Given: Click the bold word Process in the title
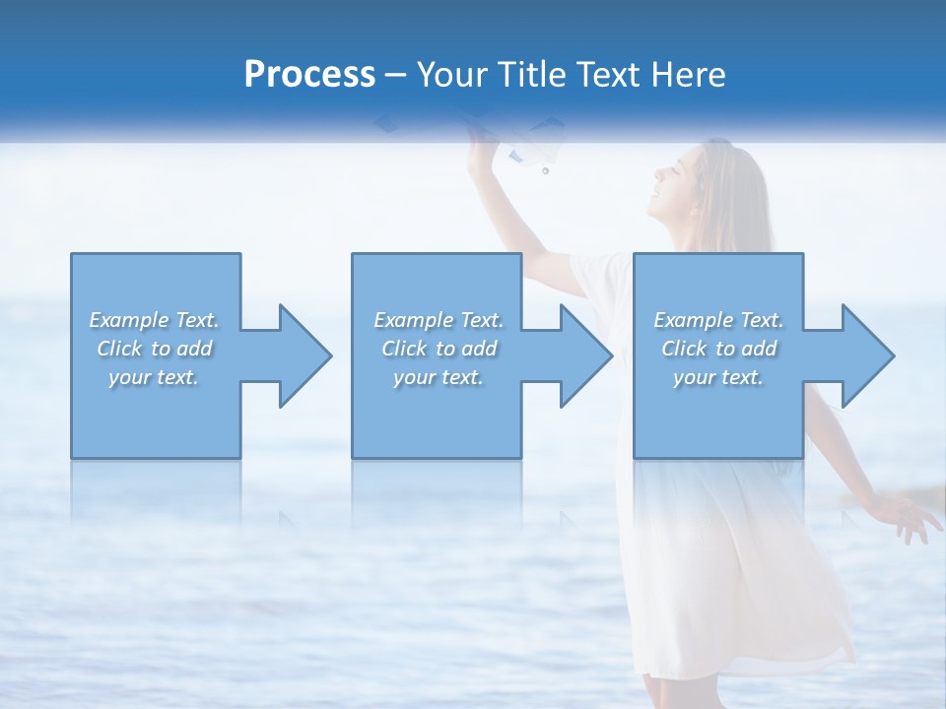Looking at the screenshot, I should [x=309, y=74].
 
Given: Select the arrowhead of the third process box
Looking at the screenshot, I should [x=866, y=355].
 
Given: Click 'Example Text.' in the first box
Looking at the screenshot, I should [x=154, y=320].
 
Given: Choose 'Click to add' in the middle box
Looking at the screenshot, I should [x=439, y=349].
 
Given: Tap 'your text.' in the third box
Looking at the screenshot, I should [x=718, y=377].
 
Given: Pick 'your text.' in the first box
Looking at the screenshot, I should [x=154, y=377].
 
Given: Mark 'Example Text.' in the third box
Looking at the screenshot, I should [x=718, y=320].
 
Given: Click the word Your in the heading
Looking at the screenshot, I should [x=454, y=74].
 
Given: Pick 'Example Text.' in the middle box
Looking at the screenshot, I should [x=439, y=320].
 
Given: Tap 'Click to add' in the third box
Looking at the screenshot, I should [x=718, y=349].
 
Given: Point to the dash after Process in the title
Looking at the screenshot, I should [x=396, y=74].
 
